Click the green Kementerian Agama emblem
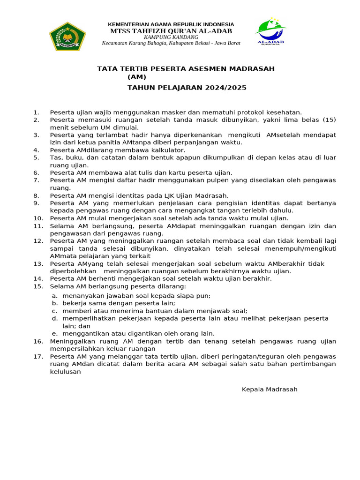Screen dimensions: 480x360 pyautogui.click(x=67, y=36)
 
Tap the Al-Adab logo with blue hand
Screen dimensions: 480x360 pyautogui.click(x=271, y=32)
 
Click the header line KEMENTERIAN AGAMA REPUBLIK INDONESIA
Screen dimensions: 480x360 pyautogui.click(x=171, y=24)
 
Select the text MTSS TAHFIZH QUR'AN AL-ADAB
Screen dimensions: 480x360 pyautogui.click(x=171, y=31)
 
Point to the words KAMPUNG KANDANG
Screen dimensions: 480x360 pyautogui.click(x=171, y=37)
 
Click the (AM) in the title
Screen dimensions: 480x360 pyautogui.click(x=137, y=77)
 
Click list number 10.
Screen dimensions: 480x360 pyautogui.click(x=38, y=218)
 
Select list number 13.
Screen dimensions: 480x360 pyautogui.click(x=38, y=263)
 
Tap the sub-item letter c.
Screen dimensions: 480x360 pyautogui.click(x=55, y=311)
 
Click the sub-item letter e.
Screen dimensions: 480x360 pyautogui.click(x=55, y=333)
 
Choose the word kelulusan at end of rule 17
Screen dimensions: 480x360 pyautogui.click(x=66, y=372)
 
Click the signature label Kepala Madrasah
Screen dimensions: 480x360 pyautogui.click(x=270, y=390)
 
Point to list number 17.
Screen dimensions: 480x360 pyautogui.click(x=38, y=356)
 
